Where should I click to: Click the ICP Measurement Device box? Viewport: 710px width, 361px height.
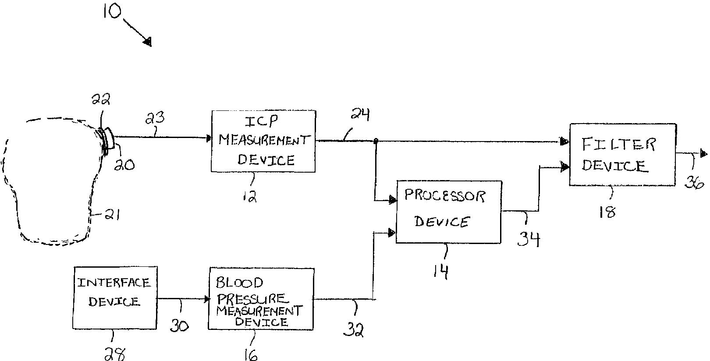tap(263, 142)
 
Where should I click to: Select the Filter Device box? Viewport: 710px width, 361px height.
tap(623, 154)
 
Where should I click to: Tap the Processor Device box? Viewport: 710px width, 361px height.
tap(449, 212)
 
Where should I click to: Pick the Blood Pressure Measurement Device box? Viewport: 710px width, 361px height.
tap(261, 299)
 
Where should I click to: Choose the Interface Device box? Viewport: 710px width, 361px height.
tap(115, 297)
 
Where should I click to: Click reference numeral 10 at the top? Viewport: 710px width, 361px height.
tap(112, 11)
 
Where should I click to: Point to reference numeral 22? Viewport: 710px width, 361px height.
tap(101, 99)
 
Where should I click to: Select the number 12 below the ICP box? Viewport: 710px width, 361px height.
tap(250, 196)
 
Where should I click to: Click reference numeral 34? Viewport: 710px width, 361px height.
tap(529, 239)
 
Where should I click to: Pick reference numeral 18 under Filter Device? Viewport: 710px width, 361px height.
tap(607, 212)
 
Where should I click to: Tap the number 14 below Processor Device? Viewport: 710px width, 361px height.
tap(441, 271)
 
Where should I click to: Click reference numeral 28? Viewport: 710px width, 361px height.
tap(115, 354)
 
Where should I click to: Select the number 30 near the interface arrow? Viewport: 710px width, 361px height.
tap(179, 325)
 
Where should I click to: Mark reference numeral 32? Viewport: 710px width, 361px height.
tap(353, 329)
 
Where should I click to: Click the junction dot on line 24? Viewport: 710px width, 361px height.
tap(376, 141)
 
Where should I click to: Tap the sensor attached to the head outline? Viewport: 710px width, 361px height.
tap(107, 139)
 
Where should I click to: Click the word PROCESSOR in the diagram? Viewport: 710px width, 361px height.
tap(445, 195)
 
